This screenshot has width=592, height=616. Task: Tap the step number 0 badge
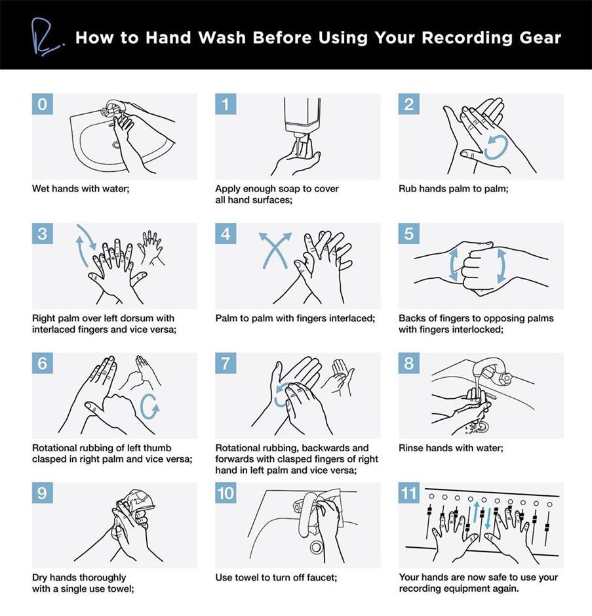tap(43, 104)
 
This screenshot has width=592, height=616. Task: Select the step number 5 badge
tap(408, 234)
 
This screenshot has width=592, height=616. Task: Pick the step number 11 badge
tap(408, 493)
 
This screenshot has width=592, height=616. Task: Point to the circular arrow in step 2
tap(496, 148)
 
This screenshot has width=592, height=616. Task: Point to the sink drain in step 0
tap(116, 145)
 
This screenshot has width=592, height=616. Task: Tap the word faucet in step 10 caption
tap(321, 577)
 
